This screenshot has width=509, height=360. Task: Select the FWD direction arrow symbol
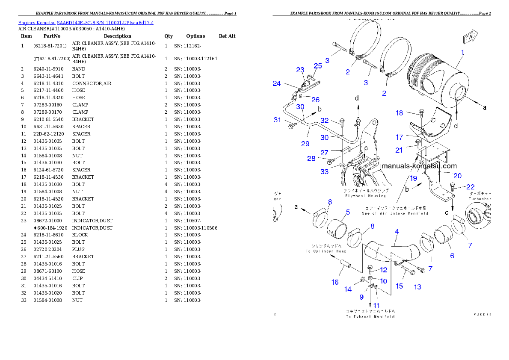(470, 36)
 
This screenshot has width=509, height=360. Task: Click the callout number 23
(300, 70)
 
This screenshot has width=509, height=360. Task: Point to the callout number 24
(277, 84)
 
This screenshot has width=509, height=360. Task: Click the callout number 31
(277, 120)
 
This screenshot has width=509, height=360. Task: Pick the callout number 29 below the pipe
(305, 144)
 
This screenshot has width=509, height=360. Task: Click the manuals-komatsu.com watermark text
(419, 166)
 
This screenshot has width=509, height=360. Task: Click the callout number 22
(470, 187)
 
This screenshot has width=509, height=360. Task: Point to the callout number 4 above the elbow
(397, 231)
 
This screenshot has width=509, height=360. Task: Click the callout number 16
(335, 282)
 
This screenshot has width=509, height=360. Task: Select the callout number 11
(376, 305)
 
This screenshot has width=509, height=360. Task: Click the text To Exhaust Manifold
(370, 316)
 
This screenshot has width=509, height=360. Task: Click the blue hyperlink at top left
(86, 23)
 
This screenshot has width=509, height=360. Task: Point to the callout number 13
(417, 287)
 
